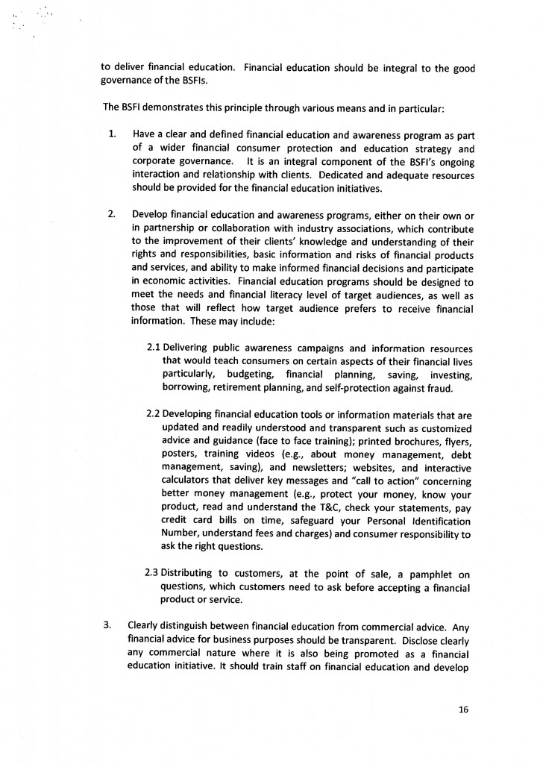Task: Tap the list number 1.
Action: point(112,134)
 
